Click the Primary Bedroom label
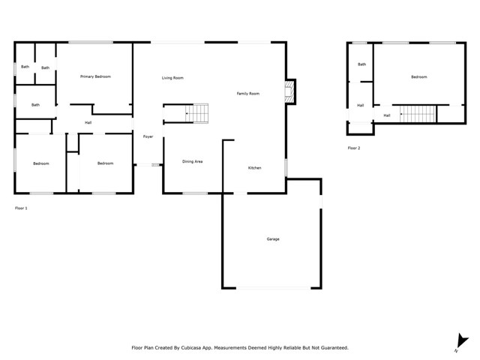(96, 76)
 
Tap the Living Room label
(172, 78)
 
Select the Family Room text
(248, 94)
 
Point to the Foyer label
(148, 136)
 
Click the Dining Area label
(193, 161)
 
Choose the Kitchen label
(255, 168)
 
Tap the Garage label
(273, 239)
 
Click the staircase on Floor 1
(198, 112)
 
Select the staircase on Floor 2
(417, 114)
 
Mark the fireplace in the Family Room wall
(289, 92)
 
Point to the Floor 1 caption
(21, 208)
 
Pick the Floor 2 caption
(354, 148)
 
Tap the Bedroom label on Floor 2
(418, 77)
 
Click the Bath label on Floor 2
(362, 64)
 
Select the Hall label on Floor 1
(88, 122)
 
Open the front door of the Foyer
(148, 164)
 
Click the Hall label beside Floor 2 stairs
(387, 115)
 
